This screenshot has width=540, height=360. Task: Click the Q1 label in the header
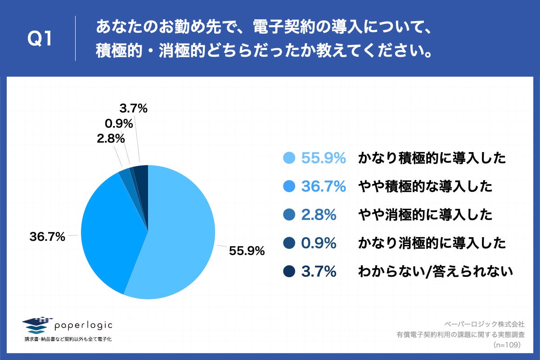(40, 40)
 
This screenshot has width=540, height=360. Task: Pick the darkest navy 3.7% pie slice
(142, 173)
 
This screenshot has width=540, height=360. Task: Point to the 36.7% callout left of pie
(47, 236)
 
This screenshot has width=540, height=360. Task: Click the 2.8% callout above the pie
(110, 139)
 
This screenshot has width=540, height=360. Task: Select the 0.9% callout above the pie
(118, 123)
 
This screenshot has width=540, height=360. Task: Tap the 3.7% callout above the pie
(134, 108)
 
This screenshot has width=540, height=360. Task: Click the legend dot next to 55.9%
(289, 158)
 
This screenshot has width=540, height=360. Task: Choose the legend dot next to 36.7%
(289, 186)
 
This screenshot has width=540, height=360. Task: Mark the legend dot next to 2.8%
(289, 215)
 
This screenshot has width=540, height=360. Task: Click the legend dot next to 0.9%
(289, 243)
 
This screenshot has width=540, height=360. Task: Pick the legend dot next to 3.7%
(289, 271)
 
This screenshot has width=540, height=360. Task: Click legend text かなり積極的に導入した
(432, 158)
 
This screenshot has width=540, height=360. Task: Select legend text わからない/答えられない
(435, 271)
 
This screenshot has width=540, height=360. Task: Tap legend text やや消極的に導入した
(425, 215)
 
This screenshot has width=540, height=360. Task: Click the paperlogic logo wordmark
(83, 325)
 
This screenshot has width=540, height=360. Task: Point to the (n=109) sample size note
(507, 345)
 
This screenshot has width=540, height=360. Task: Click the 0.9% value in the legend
(319, 243)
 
